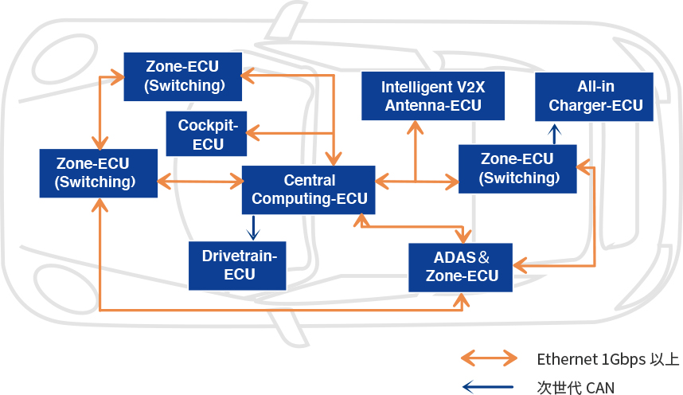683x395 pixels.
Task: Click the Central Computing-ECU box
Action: (309, 190)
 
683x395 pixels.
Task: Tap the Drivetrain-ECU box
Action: (236, 265)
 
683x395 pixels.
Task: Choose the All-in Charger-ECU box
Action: (594, 96)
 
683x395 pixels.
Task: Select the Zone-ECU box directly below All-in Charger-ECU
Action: (517, 168)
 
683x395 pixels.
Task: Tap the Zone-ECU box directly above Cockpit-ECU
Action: (183, 76)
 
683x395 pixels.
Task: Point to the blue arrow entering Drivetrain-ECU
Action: (253, 229)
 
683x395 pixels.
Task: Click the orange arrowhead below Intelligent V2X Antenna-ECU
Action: (415, 127)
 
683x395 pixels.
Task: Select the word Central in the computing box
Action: (309, 181)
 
